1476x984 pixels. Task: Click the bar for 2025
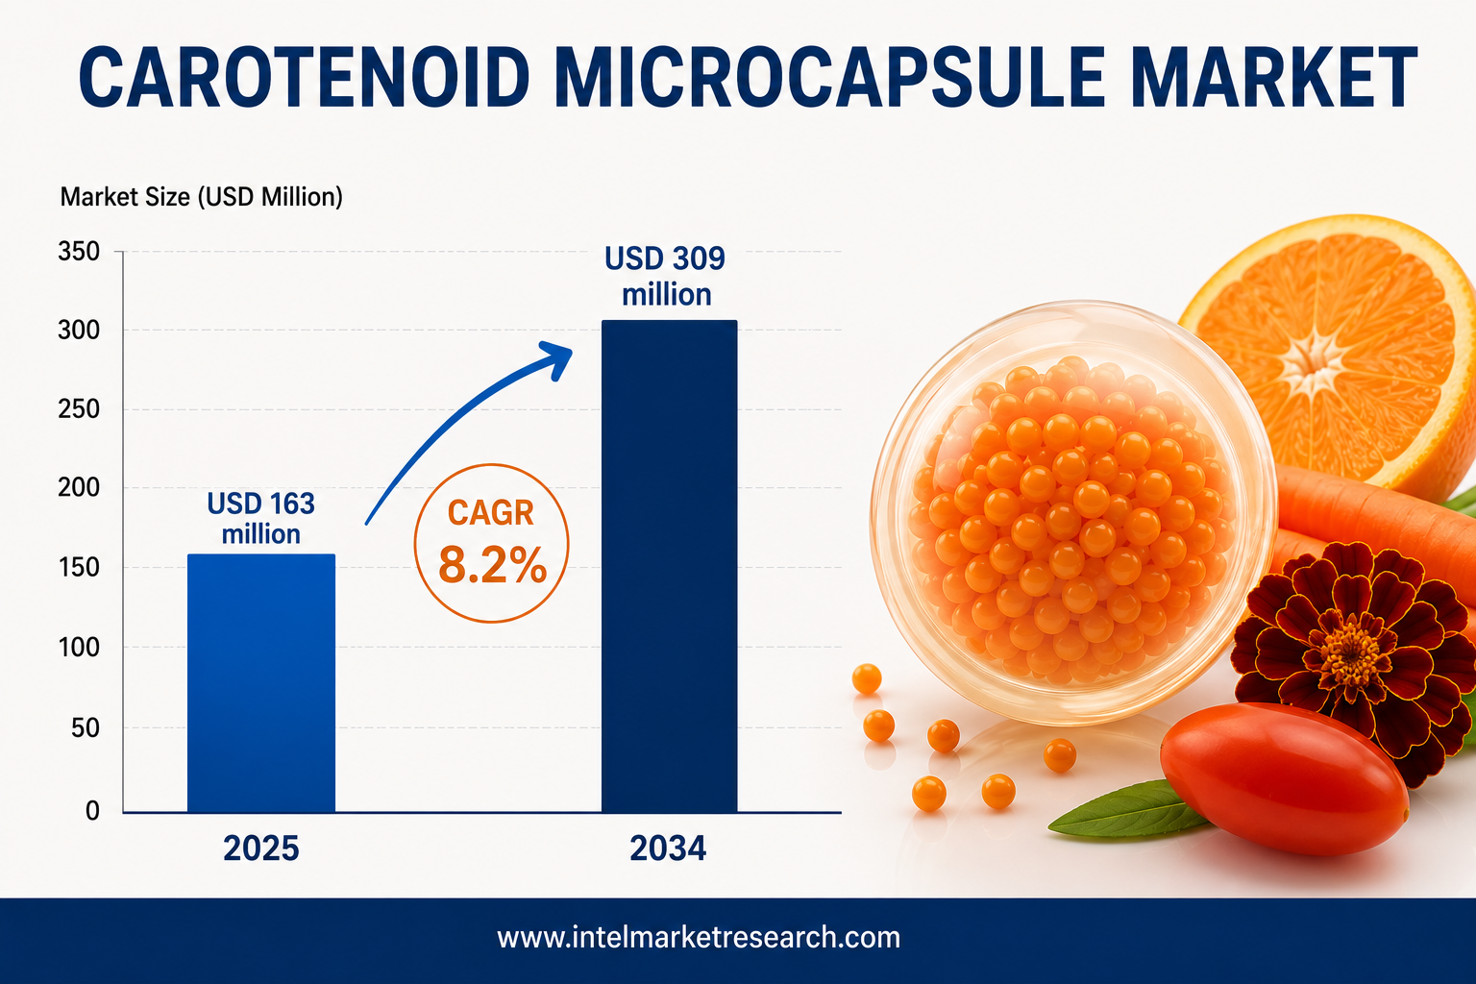click(261, 683)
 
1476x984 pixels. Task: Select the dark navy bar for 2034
click(670, 566)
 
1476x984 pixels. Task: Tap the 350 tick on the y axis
click(79, 251)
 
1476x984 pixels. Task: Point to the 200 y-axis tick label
click(79, 488)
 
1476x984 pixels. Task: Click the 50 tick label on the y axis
click(86, 727)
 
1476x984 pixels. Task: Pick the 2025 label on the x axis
click(261, 849)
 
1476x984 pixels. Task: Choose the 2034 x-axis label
click(668, 849)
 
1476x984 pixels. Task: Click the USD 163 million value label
click(261, 519)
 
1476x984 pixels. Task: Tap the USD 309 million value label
click(666, 276)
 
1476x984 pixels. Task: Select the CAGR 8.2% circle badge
click(491, 543)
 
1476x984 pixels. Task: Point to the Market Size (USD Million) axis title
click(202, 197)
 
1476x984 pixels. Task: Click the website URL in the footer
click(699, 937)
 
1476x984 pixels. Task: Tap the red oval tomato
click(1284, 779)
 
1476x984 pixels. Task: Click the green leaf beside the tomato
click(1130, 811)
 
